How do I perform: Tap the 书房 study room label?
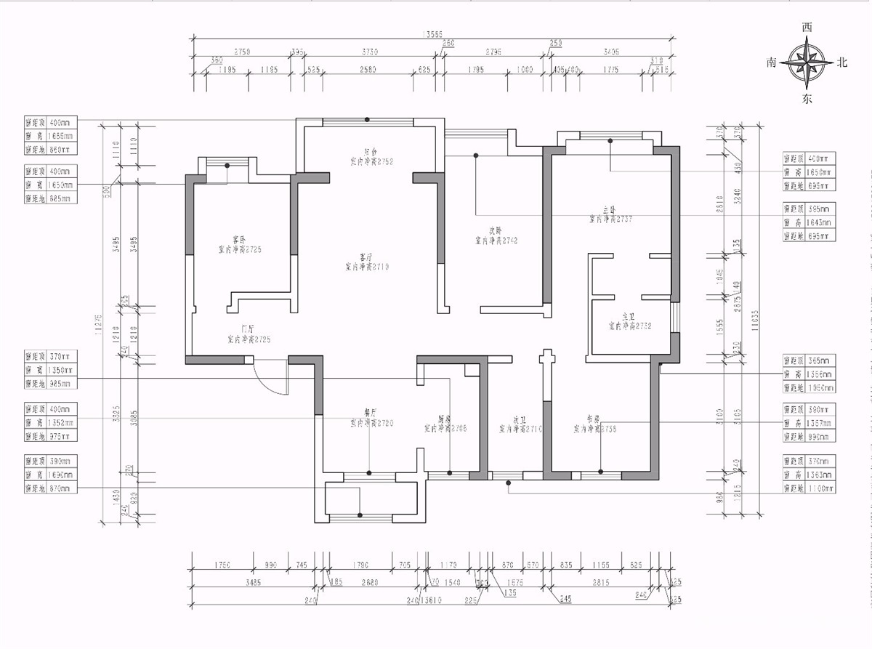[594, 419]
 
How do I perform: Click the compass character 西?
[806, 28]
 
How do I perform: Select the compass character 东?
[807, 99]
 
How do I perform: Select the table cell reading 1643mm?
[812, 222]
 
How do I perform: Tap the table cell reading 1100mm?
[812, 488]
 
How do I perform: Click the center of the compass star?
[807, 63]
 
